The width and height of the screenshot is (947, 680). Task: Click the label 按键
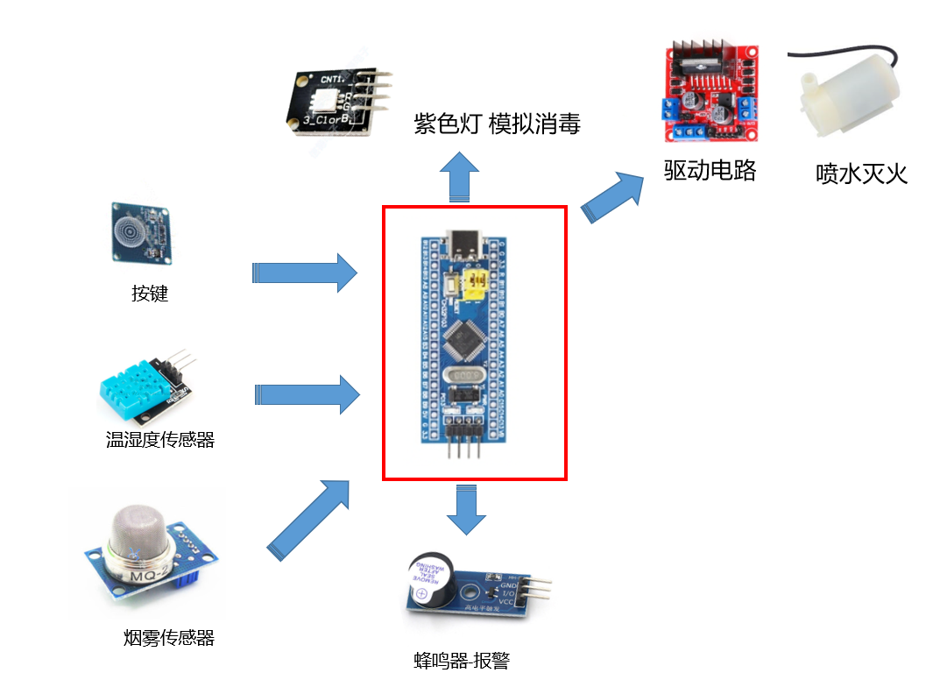click(x=150, y=294)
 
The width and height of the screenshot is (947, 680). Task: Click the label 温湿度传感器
click(x=160, y=440)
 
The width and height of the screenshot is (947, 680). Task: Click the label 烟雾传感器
click(x=169, y=638)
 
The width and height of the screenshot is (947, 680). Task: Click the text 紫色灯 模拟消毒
click(x=497, y=124)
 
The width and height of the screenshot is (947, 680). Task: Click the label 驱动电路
click(x=710, y=170)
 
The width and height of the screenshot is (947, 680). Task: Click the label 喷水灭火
click(x=861, y=174)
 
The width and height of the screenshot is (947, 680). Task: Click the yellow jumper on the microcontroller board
click(x=477, y=282)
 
